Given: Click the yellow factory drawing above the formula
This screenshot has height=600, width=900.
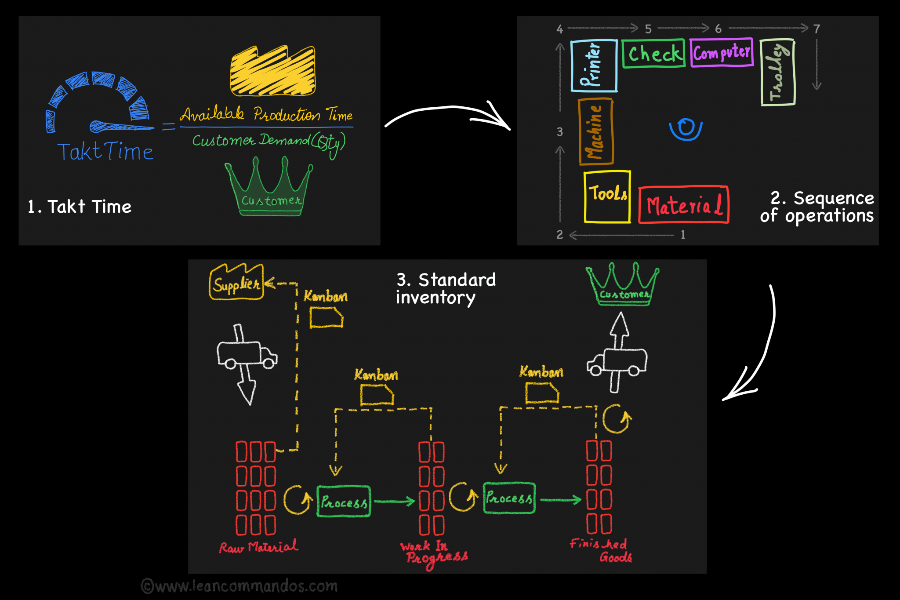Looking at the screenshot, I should point(273,71).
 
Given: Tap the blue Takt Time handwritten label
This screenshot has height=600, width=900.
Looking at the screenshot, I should point(105,152).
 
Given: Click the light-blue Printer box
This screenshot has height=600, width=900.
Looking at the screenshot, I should point(594,65).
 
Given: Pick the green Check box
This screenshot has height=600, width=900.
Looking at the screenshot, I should point(653,54).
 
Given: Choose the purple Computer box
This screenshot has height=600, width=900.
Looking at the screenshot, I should point(722,53).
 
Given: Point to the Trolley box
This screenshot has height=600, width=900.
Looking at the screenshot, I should point(777,72).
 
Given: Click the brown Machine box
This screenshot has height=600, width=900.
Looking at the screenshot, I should point(596,131).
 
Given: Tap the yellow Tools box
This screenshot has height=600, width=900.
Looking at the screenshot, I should point(607,196).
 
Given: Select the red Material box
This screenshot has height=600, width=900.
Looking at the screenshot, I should point(683,205).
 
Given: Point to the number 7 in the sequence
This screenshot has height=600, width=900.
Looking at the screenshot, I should point(817,29).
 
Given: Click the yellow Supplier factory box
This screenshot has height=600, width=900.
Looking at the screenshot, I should point(236,283).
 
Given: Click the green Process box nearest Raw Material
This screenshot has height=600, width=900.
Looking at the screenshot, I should point(344,502).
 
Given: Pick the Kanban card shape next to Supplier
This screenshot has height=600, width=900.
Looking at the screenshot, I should point(326,317).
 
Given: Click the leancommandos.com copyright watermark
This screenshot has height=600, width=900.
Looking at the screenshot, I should point(240,586).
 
